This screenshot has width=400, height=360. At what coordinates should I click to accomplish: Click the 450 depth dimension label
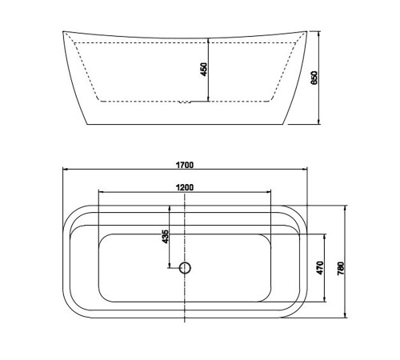click(x=204, y=70)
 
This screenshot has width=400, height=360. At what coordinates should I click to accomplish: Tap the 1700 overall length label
click(x=185, y=165)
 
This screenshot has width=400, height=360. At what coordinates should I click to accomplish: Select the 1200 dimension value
click(x=185, y=187)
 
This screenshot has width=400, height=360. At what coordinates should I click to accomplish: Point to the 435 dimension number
click(x=166, y=237)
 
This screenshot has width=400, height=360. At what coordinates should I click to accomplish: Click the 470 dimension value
click(x=320, y=268)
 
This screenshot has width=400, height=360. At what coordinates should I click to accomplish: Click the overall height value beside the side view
click(x=314, y=78)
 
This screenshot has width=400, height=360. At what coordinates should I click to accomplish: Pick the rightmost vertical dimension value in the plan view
click(x=341, y=269)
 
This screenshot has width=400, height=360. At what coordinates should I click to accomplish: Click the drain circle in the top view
click(x=185, y=267)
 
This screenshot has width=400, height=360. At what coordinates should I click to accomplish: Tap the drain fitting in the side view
click(x=185, y=102)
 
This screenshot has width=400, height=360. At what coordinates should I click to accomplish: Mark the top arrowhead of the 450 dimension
click(x=208, y=41)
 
